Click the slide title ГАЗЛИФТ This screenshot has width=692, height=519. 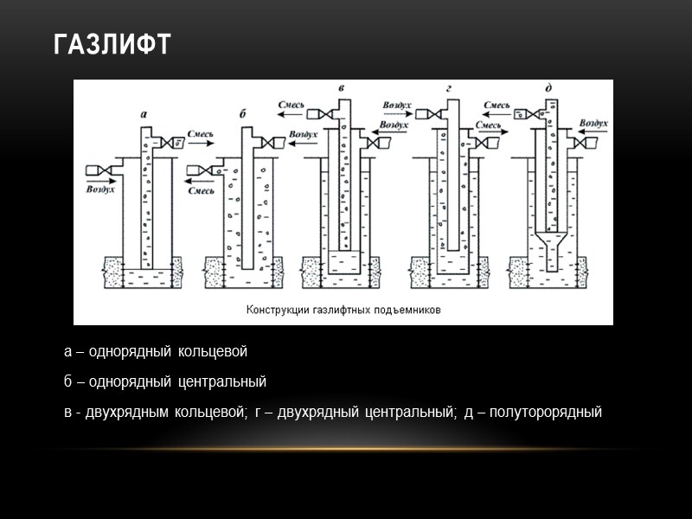(x=112, y=44)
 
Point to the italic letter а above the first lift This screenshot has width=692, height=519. (x=144, y=114)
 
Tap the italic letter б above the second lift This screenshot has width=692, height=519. (x=244, y=114)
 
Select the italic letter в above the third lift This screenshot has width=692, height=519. (x=342, y=89)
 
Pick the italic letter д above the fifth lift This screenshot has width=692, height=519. (x=549, y=89)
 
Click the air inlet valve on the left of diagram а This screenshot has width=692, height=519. (x=103, y=168)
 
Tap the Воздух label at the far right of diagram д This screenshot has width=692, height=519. (x=594, y=124)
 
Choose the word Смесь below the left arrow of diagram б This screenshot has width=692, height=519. (x=201, y=189)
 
